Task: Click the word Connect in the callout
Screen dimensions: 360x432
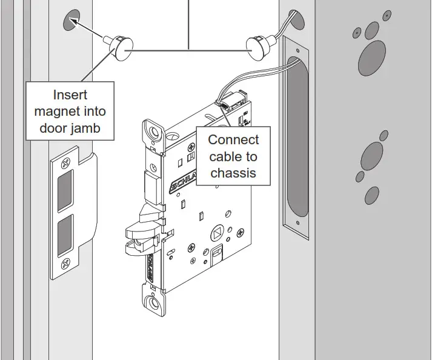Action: point(233,140)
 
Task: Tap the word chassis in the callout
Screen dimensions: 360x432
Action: point(233,173)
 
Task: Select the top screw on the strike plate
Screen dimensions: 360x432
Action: point(63,163)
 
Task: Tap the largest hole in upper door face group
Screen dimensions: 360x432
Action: point(371,58)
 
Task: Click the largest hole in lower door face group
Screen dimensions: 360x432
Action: point(372,157)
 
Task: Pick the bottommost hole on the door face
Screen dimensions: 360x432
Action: point(371,195)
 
